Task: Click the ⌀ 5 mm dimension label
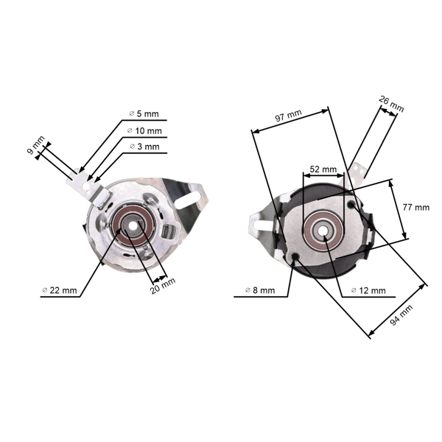click(x=144, y=114)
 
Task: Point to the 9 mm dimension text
click(x=35, y=145)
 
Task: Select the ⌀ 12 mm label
click(x=368, y=290)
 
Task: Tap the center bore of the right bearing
click(x=323, y=231)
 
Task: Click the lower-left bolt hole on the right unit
click(x=295, y=257)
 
